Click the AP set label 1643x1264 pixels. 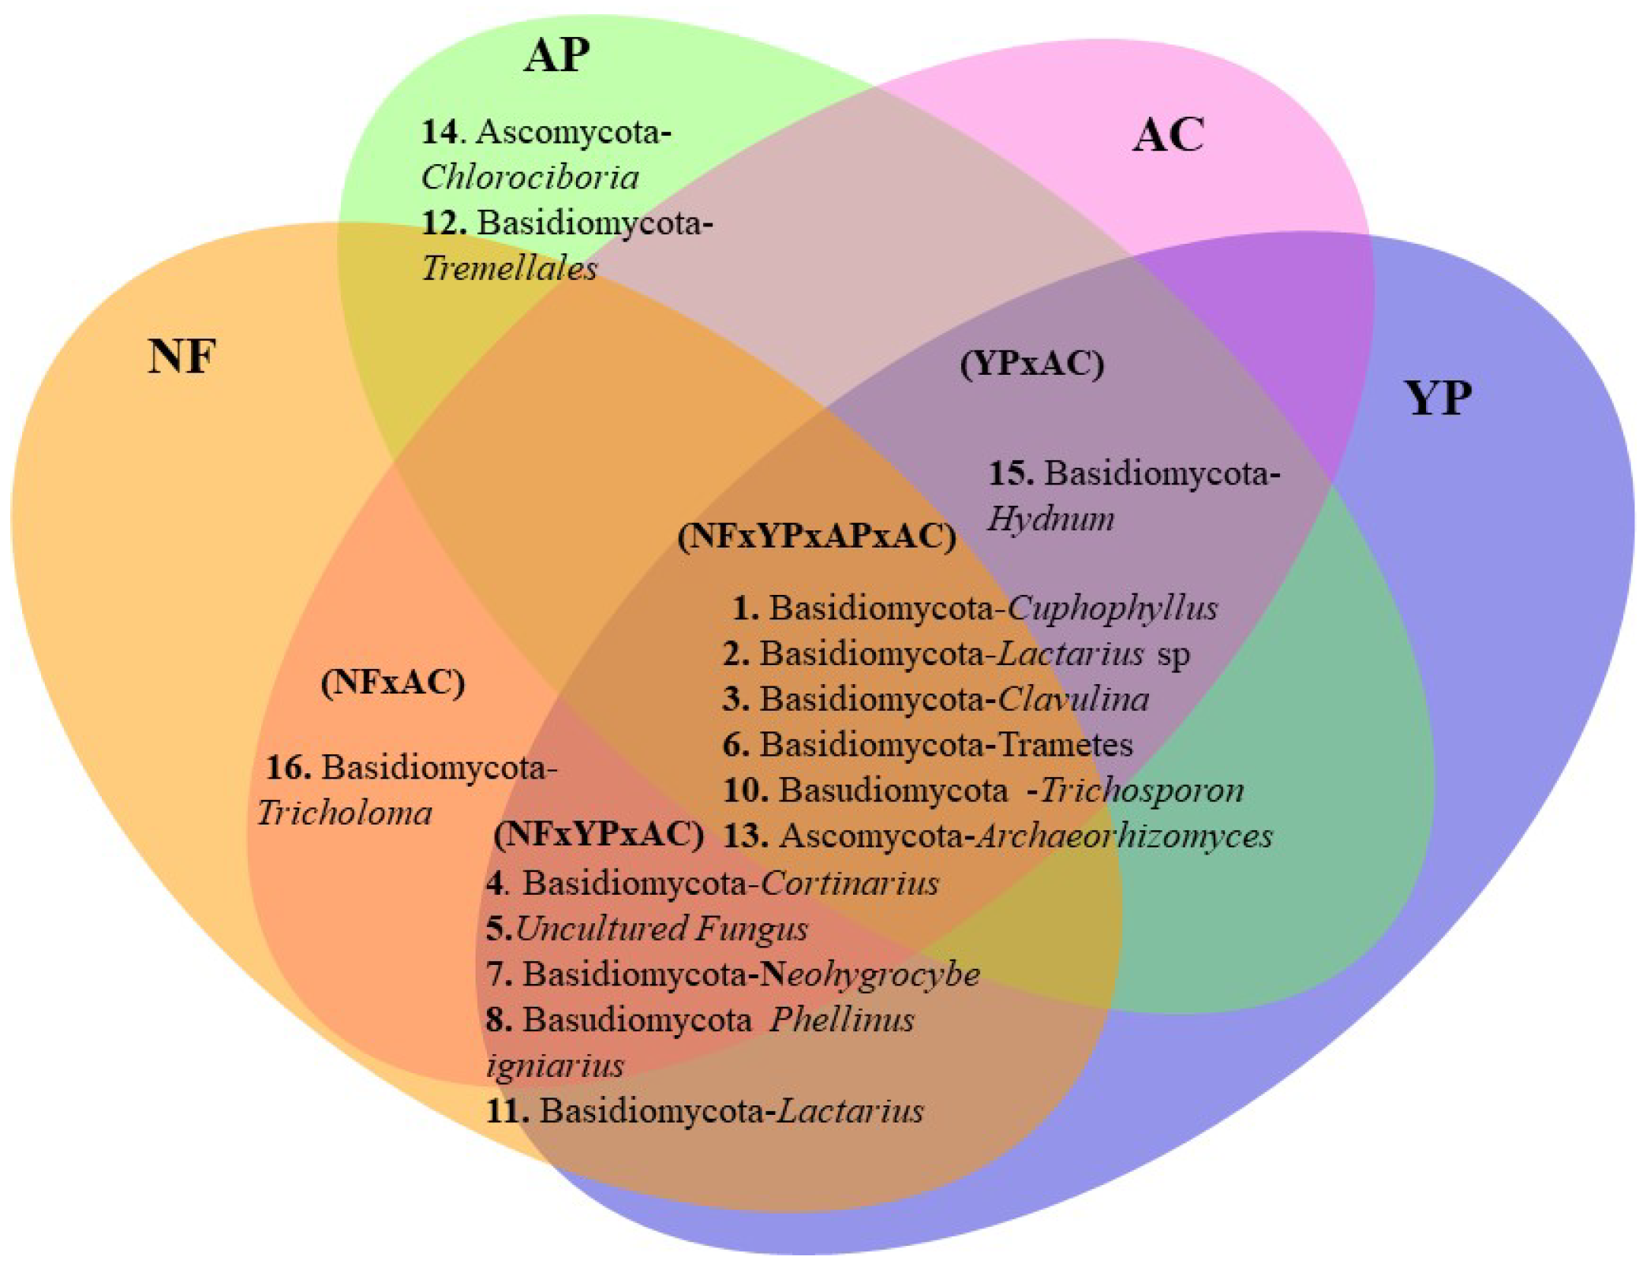pos(556,55)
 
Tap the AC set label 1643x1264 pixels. pos(1168,135)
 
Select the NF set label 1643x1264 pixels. pos(182,356)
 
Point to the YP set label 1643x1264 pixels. pos(1438,398)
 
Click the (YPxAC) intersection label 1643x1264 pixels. pos(1031,364)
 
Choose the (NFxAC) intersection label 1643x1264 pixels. pos(392,682)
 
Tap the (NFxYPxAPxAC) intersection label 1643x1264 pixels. pos(817,537)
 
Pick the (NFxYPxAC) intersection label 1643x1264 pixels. pos(598,834)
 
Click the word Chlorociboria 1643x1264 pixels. pos(530,178)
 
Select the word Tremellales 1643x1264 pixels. pos(509,269)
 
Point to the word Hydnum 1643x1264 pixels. pos(1051,519)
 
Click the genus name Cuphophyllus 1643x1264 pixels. pos(1113,608)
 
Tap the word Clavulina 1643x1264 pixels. pos(1073,700)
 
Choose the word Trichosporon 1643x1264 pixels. pos(1143,791)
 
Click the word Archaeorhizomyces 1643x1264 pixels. pos(1125,836)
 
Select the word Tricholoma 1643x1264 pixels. pos(345,813)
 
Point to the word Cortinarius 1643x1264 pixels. pos(850,883)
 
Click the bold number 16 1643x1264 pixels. pos(288,768)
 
